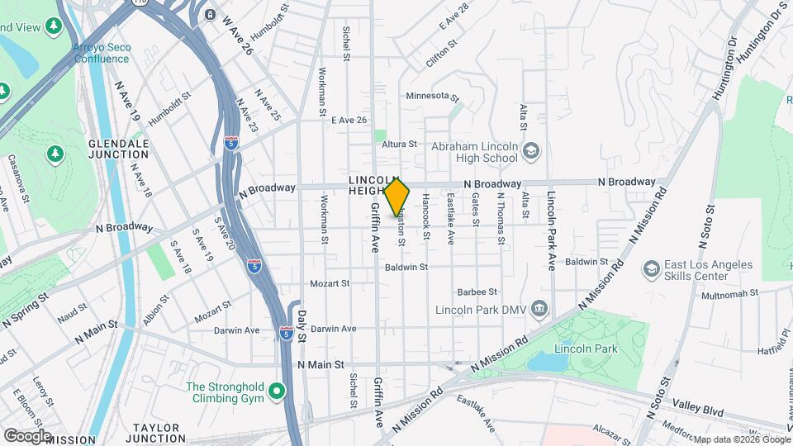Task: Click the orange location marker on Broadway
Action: (397, 197)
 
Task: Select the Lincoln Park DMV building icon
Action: (540, 309)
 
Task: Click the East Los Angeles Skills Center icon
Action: (652, 269)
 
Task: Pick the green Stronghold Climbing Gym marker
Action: (277, 391)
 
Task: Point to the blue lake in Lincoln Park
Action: (548, 361)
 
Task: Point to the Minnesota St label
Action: (432, 97)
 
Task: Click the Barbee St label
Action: (477, 292)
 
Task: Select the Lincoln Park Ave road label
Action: (550, 232)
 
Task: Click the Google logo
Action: (26, 435)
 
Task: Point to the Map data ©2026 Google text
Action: (742, 439)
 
